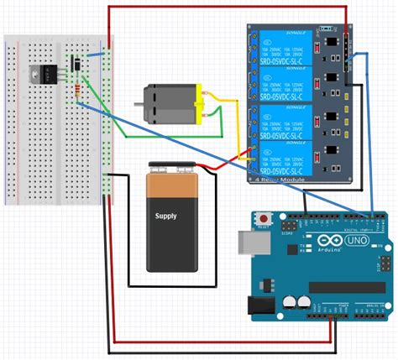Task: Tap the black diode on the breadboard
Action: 76,63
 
